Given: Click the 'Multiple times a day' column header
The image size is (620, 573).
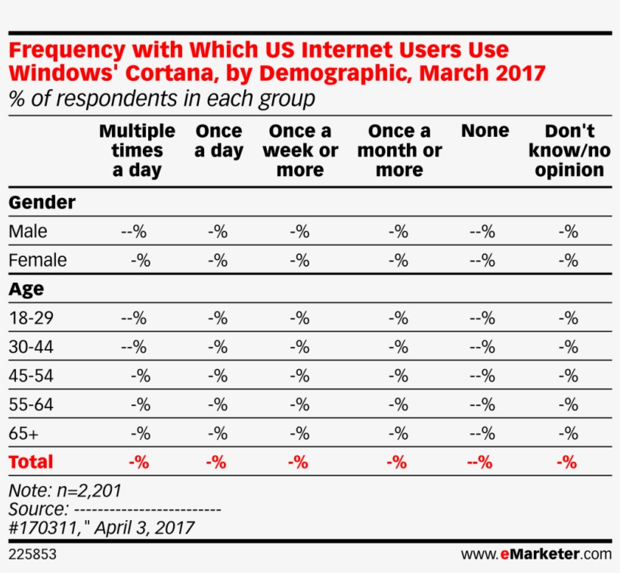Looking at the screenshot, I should click(137, 150).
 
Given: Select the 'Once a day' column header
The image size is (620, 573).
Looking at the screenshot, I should click(219, 141).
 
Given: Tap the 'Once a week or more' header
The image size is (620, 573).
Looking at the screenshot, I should click(299, 150).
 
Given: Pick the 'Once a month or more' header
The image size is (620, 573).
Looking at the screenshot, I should click(399, 150).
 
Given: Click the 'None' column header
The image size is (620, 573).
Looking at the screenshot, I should click(485, 131).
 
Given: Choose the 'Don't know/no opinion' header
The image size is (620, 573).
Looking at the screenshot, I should click(569, 150).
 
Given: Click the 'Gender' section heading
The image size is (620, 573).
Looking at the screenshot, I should click(42, 203).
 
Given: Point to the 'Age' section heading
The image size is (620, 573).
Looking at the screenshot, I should click(26, 289).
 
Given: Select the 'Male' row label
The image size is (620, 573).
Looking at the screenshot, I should click(27, 231).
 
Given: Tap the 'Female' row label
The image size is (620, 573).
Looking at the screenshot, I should click(37, 260).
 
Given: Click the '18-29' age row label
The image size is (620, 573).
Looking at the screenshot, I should click(31, 318).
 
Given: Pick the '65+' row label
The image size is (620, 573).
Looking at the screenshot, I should click(23, 433).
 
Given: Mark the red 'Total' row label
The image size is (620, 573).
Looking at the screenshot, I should click(30, 462).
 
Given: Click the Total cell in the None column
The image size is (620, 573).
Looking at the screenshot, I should click(482, 462).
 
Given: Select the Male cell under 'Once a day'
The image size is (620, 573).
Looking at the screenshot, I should click(218, 231).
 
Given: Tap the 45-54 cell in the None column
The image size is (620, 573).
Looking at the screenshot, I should click(482, 376).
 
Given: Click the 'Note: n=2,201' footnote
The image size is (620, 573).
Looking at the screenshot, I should click(64, 490).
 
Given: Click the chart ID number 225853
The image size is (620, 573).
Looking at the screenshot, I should click(32, 554).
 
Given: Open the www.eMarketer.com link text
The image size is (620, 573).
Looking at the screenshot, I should click(535, 554).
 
